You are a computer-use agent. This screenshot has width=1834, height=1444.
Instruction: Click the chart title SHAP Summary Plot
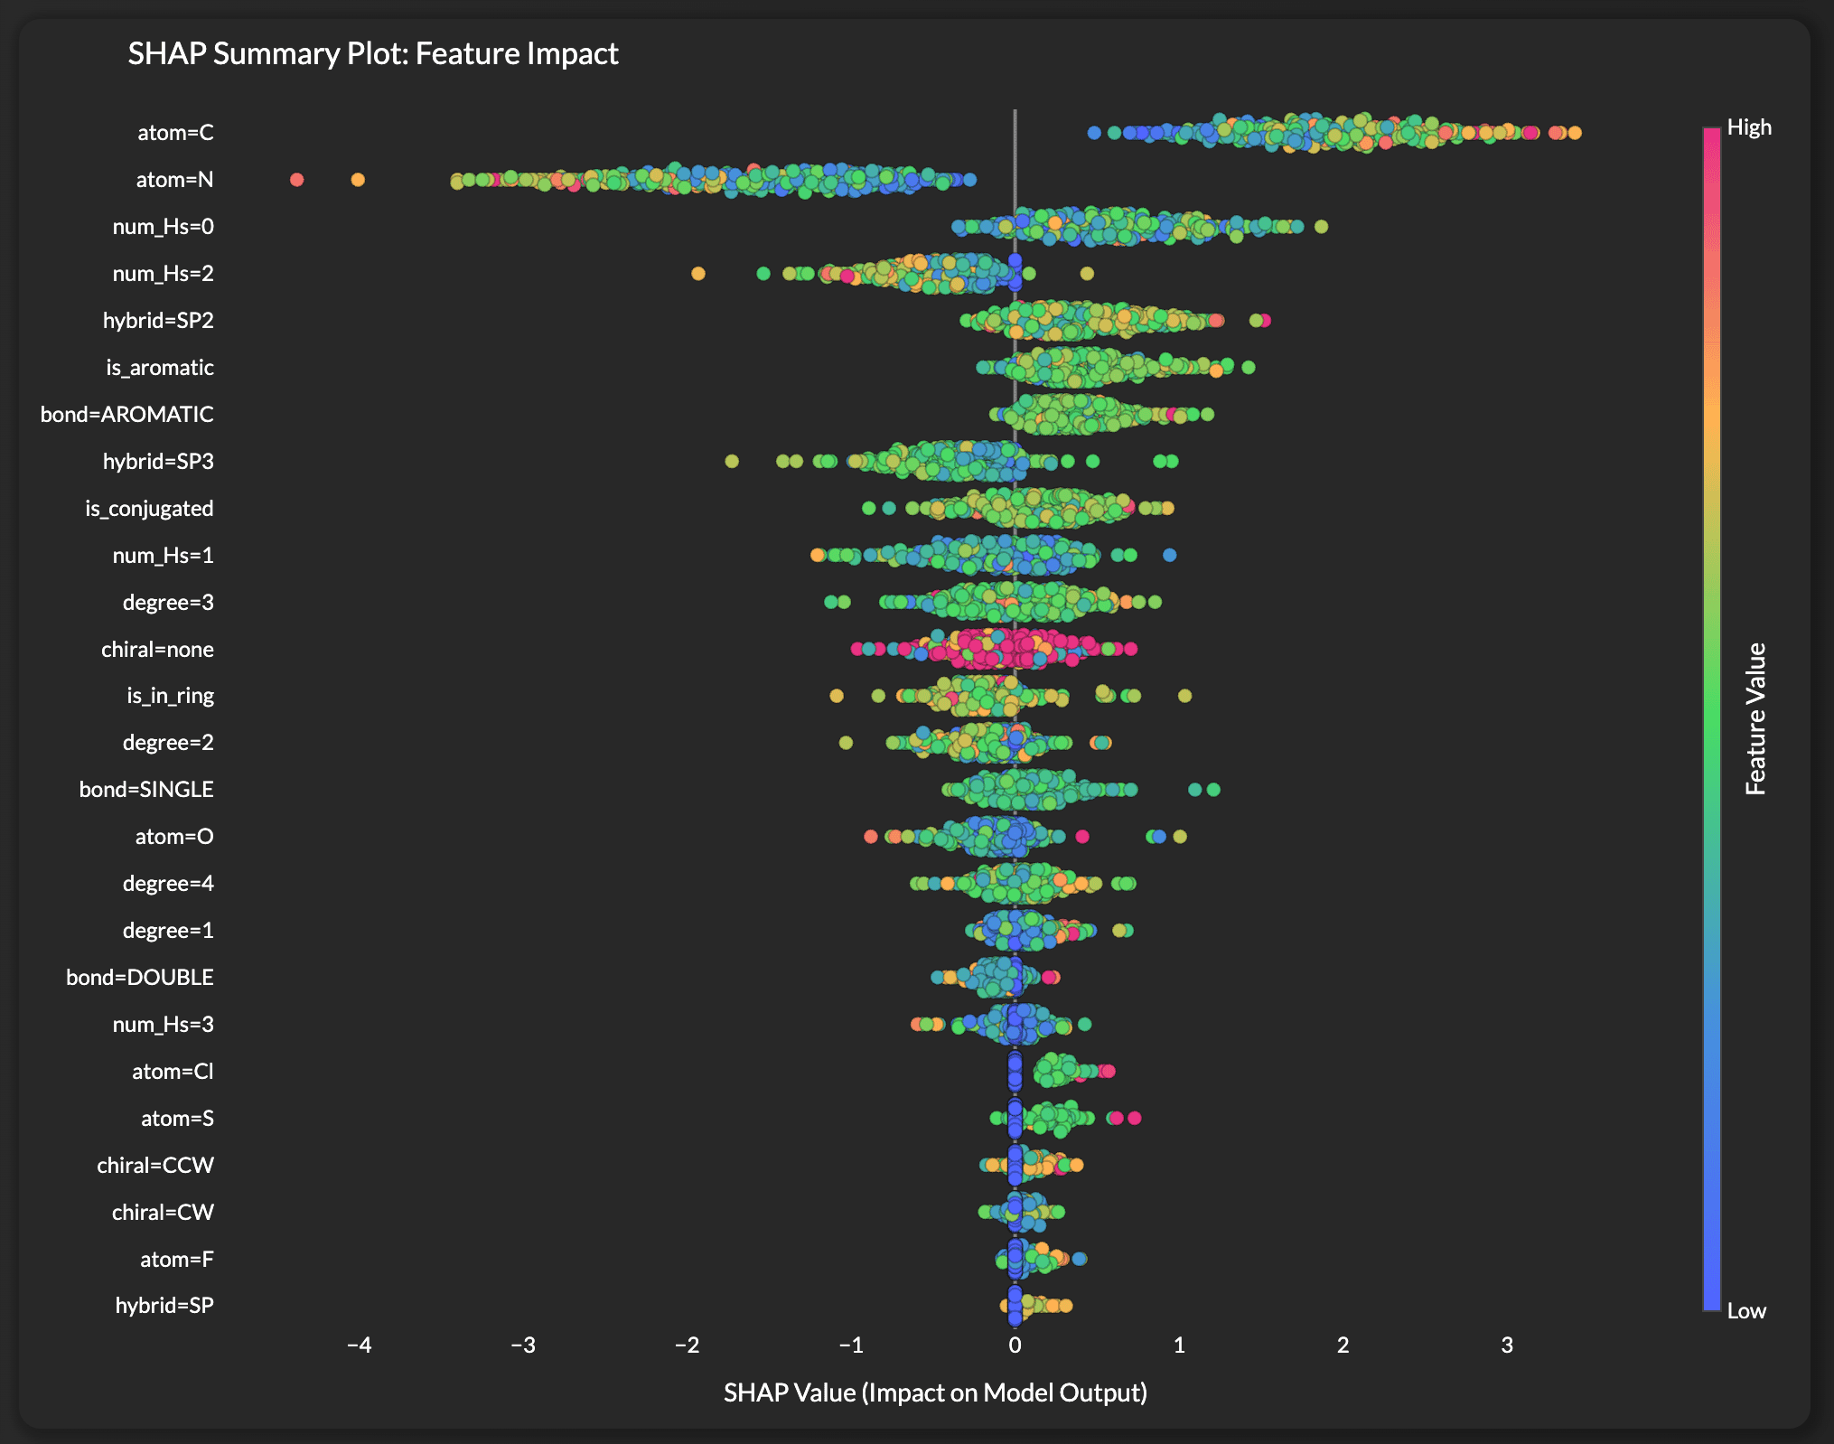click(x=372, y=54)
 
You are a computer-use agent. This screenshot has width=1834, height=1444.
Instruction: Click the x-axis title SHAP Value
click(x=935, y=1392)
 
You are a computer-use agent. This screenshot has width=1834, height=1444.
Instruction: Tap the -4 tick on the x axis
click(x=359, y=1346)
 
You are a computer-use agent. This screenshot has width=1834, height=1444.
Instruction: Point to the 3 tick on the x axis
click(x=1507, y=1346)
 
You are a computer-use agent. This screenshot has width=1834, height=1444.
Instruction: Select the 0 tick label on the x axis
click(x=1015, y=1346)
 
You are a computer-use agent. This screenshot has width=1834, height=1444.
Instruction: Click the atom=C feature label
click(x=175, y=133)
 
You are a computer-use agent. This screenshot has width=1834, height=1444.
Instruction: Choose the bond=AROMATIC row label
click(x=127, y=415)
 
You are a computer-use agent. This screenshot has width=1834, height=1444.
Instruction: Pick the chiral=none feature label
click(x=157, y=650)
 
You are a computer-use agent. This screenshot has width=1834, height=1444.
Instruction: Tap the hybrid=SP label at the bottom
click(x=164, y=1305)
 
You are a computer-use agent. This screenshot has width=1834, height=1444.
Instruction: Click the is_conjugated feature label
click(x=149, y=509)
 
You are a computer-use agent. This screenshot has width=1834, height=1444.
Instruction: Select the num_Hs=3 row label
click(x=163, y=1024)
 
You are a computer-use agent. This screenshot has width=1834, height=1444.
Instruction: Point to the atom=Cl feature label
click(x=173, y=1072)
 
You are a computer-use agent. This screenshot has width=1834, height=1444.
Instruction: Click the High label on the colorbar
click(x=1749, y=127)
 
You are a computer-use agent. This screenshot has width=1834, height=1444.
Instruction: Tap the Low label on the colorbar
click(x=1746, y=1311)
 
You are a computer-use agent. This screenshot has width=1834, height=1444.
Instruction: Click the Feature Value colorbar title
click(x=1755, y=718)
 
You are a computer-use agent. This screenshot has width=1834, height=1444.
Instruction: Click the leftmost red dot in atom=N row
click(x=296, y=180)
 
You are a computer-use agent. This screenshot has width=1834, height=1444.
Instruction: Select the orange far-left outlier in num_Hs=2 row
click(x=697, y=273)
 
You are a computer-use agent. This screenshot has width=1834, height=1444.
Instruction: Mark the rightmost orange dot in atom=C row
click(x=1575, y=133)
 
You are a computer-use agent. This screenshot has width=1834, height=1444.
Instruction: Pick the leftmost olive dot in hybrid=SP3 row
click(x=732, y=462)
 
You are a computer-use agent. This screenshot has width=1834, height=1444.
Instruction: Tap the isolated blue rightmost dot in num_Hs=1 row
click(x=1169, y=555)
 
